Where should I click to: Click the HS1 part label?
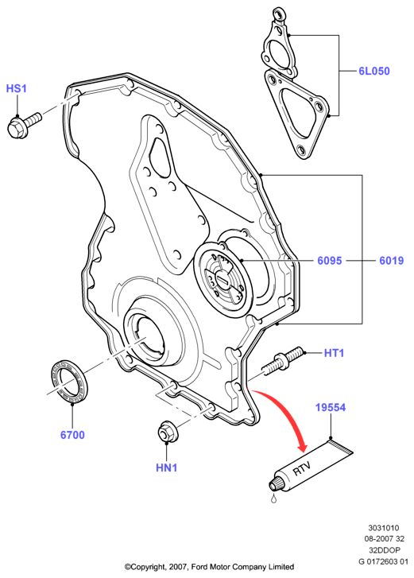[16, 89]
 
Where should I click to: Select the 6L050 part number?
[373, 71]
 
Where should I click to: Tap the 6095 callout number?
[330, 261]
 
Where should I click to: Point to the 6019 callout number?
[392, 261]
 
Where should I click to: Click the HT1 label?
[334, 353]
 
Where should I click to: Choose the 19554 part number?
[331, 407]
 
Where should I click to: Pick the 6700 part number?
[72, 435]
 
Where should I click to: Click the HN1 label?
[167, 467]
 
